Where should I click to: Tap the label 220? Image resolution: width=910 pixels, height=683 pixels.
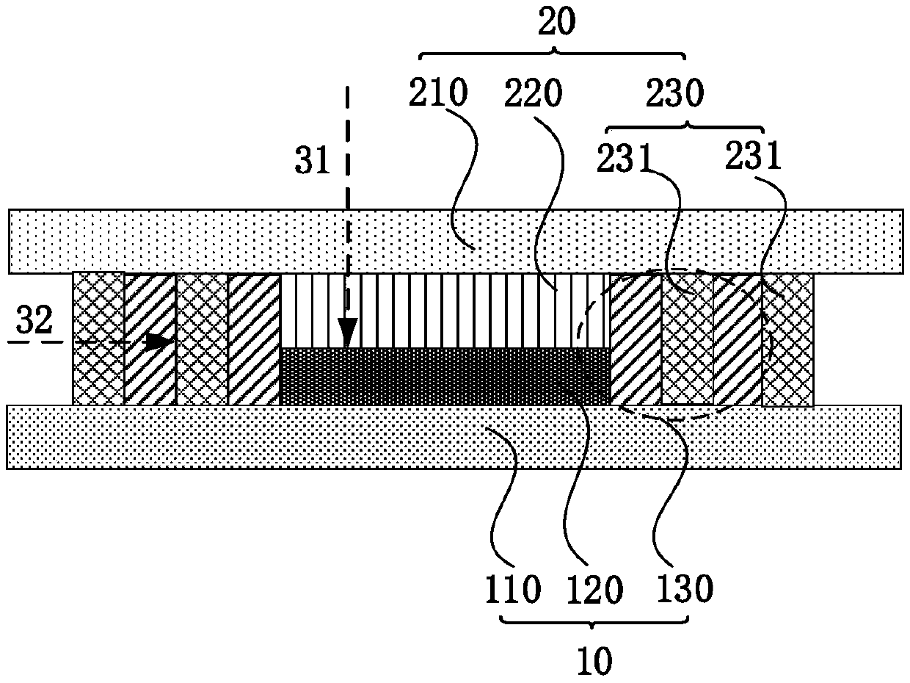[533, 95]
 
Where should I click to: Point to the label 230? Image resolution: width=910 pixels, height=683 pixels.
[675, 95]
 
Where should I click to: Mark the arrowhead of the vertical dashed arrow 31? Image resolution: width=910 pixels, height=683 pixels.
[347, 334]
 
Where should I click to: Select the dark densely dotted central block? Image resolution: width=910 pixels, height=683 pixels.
[445, 376]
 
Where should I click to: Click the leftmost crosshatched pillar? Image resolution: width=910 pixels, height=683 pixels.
[98, 339]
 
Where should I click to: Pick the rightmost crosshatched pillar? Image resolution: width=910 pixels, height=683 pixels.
[787, 339]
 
